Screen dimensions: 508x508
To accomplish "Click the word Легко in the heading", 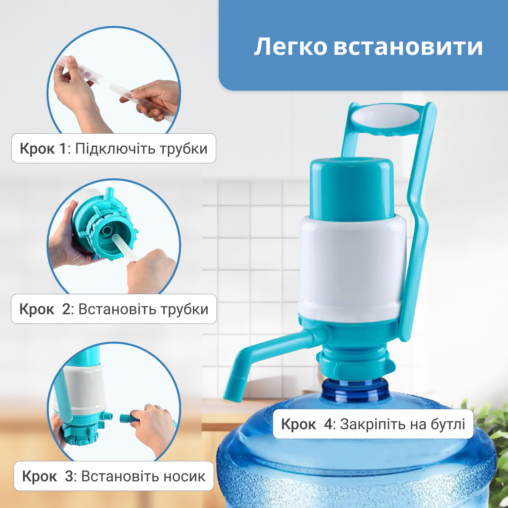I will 291,47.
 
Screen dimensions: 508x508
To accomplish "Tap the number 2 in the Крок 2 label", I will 66,309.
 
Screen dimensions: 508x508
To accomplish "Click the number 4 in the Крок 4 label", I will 328,424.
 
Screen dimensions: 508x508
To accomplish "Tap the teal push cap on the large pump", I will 352,189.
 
